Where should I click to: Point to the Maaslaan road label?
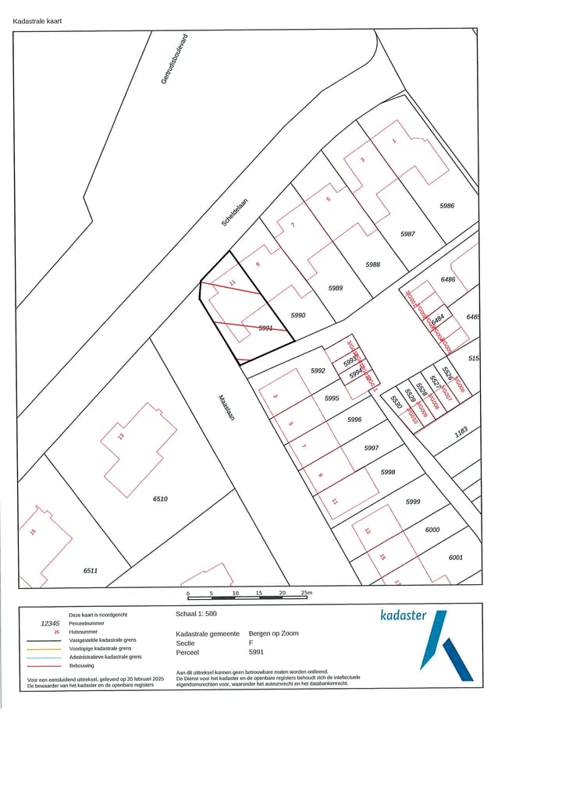pos(226,406)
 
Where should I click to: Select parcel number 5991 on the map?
pos(266,328)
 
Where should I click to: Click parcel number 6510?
pos(160,498)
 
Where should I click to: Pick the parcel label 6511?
pos(91,571)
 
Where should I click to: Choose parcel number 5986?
pos(446,206)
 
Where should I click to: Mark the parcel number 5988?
pos(373,265)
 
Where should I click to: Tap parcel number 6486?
pos(447,279)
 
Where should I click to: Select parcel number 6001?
pos(456,557)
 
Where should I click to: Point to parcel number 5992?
pos(317,371)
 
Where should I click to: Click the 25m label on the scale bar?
pos(306,594)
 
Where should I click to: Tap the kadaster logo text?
pos(403,615)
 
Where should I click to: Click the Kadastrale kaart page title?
pos(37,21)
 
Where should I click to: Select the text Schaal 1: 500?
pos(197,614)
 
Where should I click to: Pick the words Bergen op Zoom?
pos(273,633)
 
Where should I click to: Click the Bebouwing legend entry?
pos(82,666)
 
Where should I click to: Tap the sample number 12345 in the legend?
pos(50,623)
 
